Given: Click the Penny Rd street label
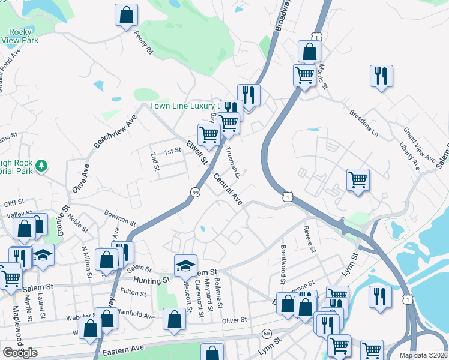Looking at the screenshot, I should [144, 43].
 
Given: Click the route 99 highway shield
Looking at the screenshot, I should [196, 191].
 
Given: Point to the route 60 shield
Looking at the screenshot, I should [266, 333].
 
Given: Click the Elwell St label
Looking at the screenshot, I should [196, 152].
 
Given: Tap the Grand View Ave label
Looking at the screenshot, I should [418, 145].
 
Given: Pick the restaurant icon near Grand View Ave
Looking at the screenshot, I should [381, 76].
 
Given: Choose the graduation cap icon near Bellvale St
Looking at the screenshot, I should [186, 265].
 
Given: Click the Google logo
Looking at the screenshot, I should [20, 353].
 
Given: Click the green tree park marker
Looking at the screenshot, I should [41, 164].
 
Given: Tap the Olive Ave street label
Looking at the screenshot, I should [80, 178].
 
